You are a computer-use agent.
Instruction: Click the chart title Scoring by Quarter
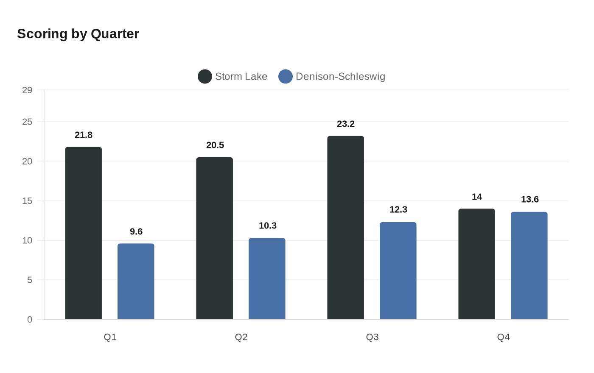tap(78, 34)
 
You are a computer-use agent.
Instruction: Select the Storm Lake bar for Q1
tap(84, 233)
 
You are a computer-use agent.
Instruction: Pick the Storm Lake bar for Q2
tap(215, 238)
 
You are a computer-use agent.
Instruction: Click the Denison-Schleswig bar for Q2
tap(267, 278)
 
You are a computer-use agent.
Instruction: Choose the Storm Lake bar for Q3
tap(346, 228)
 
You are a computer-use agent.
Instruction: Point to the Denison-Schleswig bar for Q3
tap(398, 270)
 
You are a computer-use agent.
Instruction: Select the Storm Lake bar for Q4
tap(477, 264)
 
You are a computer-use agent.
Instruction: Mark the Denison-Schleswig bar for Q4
tap(529, 265)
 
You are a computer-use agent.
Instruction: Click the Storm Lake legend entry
tap(233, 77)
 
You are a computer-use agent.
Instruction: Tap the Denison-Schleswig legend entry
tap(332, 77)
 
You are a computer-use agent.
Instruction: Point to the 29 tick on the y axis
tap(27, 90)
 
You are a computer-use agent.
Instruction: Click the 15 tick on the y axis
tap(27, 201)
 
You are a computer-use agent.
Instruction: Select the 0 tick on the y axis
tap(30, 320)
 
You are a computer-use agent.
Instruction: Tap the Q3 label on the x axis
tap(372, 337)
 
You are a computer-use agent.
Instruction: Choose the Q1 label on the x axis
tap(110, 337)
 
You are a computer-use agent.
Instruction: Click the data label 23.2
tap(346, 124)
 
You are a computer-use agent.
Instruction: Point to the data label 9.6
tap(136, 232)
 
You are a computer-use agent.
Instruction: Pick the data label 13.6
tap(530, 200)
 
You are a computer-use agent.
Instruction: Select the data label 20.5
tap(215, 145)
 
